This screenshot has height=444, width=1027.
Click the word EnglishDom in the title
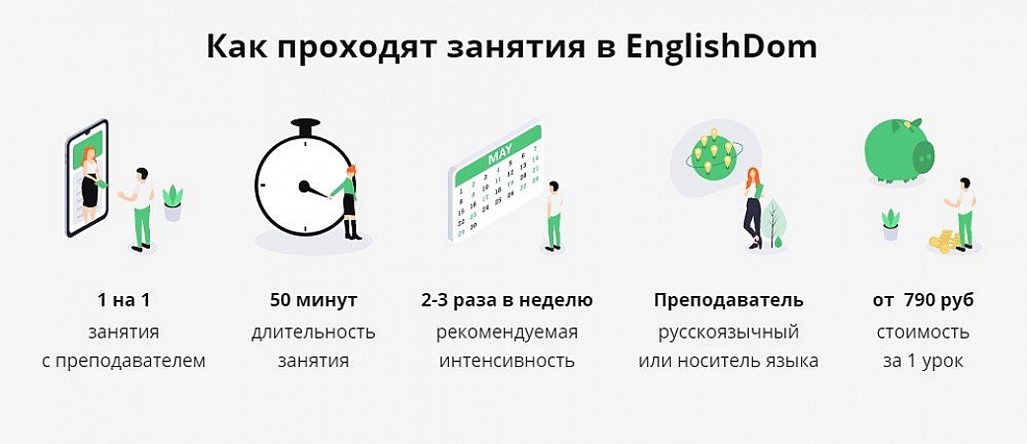(720, 48)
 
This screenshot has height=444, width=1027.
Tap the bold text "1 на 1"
(123, 301)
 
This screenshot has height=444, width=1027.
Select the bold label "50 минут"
(313, 301)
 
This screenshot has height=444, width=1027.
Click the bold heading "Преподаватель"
(728, 301)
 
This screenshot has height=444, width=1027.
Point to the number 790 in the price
(918, 301)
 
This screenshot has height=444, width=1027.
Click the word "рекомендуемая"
(507, 333)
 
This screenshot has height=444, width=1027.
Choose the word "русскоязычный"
(728, 333)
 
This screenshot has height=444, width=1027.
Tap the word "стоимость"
(922, 333)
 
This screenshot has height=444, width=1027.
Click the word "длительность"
(313, 333)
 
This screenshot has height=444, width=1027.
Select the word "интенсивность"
(507, 361)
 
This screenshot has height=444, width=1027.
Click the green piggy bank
(900, 150)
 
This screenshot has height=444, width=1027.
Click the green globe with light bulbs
(712, 155)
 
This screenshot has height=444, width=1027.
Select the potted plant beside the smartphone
(173, 203)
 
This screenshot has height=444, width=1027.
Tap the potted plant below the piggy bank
(891, 224)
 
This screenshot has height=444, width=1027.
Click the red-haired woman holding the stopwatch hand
(349, 201)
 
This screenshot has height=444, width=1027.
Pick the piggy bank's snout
(924, 155)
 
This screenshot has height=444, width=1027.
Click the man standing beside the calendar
(554, 216)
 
